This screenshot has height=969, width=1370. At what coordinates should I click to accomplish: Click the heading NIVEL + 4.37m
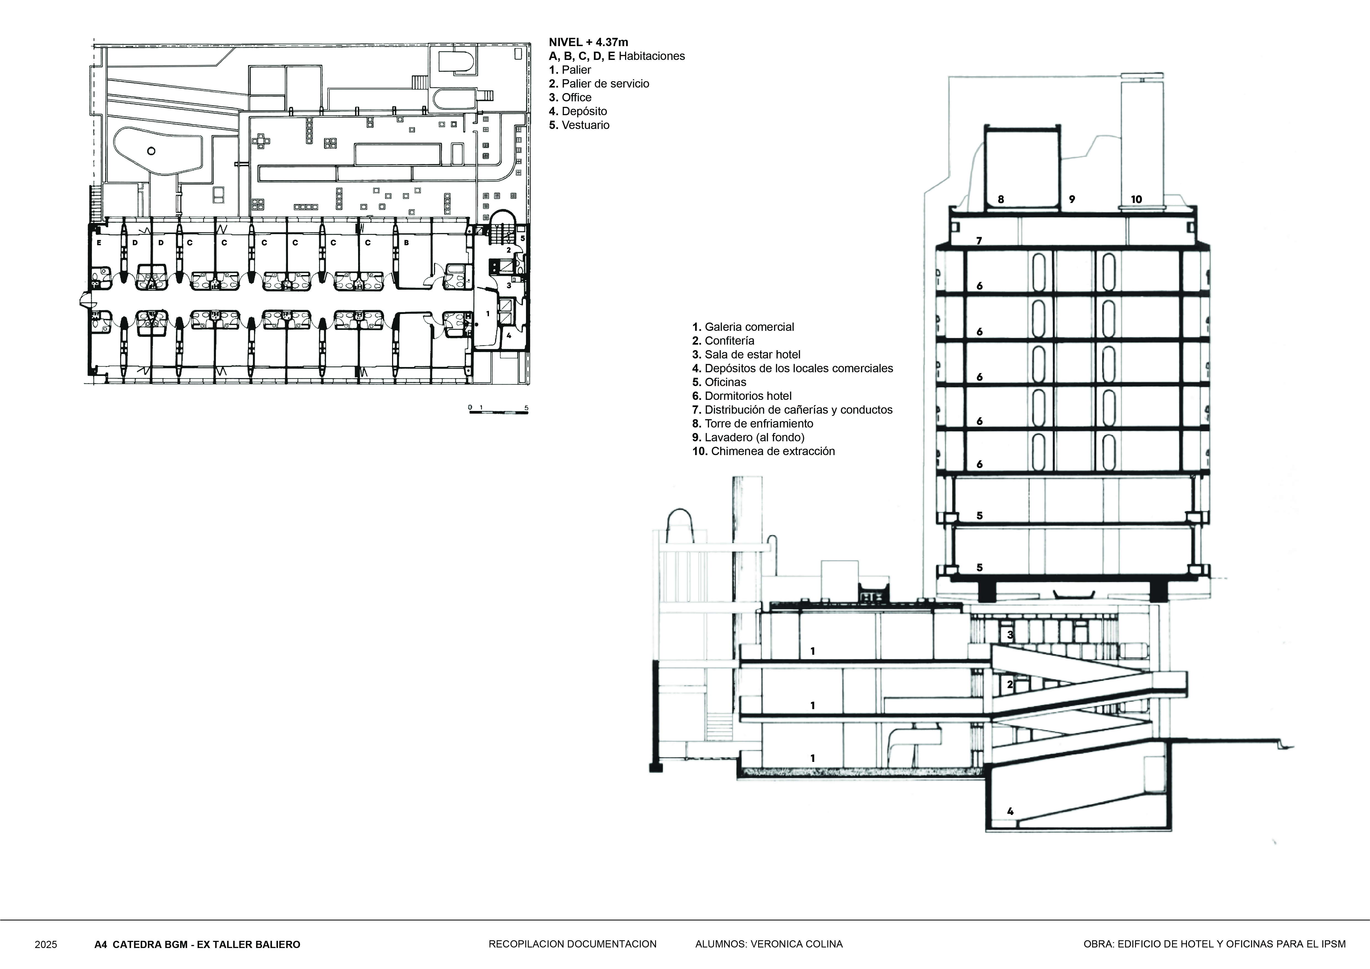point(588,42)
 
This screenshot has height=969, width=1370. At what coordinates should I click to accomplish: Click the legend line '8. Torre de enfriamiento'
point(752,424)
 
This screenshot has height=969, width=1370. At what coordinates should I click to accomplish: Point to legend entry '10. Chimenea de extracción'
point(763,451)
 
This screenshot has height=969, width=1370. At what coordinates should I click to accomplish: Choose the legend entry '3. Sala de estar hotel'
point(746,354)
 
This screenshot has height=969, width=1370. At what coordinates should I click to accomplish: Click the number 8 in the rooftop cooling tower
point(1001,199)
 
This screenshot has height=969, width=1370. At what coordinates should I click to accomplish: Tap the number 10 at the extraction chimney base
point(1136,199)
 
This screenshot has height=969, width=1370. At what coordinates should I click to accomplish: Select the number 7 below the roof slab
point(979,241)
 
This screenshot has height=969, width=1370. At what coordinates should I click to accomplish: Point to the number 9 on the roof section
point(1072,199)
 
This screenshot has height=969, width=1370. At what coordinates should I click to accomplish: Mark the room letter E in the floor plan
point(99,243)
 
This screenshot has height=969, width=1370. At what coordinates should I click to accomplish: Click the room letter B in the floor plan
point(406,243)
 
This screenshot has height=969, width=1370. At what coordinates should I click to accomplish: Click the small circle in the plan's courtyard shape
point(151,151)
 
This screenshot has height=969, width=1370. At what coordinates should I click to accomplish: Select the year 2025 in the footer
point(46,944)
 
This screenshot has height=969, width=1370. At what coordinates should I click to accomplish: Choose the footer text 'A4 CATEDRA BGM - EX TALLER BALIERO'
point(197,944)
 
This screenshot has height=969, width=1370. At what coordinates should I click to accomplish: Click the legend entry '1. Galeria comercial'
point(743,327)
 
